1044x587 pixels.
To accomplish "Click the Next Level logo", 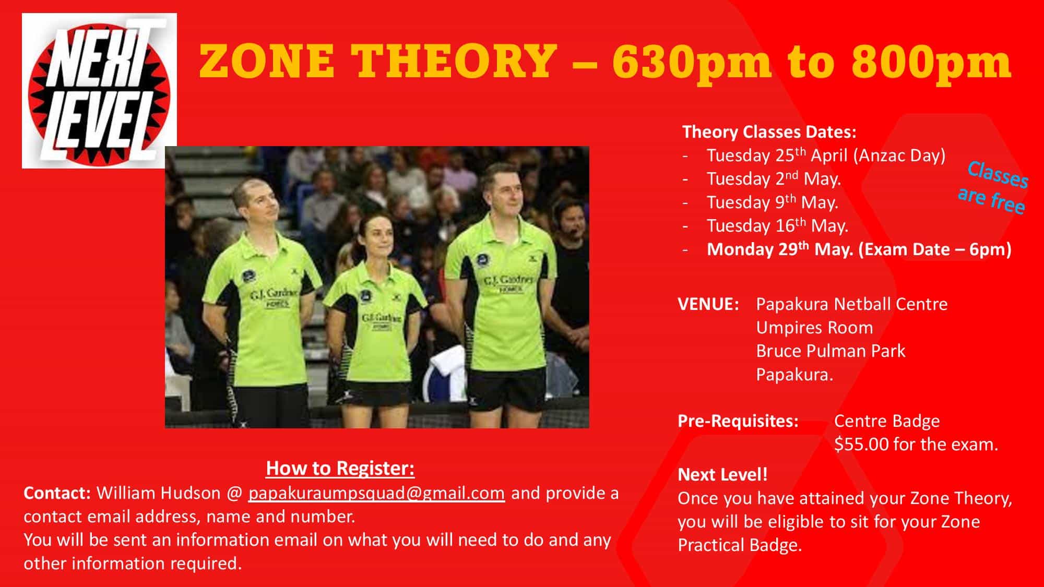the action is [x=99, y=91].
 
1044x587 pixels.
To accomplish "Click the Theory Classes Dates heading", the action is [x=769, y=132].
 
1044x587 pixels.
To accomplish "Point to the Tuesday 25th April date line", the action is [x=826, y=155].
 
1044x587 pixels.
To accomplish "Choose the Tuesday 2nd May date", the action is [x=774, y=179].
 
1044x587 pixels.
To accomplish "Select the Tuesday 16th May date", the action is [x=777, y=226].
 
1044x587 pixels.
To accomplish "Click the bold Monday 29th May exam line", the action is [x=859, y=249].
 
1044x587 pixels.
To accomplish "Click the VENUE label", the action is [x=708, y=304].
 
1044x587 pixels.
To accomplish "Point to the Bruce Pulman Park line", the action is [x=831, y=351].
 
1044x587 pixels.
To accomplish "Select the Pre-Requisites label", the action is [x=738, y=421].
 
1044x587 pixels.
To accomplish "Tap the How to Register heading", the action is [x=340, y=469].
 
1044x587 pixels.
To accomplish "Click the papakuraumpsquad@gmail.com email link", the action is [x=376, y=494].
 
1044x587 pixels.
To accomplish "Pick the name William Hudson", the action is [x=159, y=493].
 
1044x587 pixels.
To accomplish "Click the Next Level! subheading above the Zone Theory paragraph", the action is [x=722, y=475].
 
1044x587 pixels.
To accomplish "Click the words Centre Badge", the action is [x=887, y=421].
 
